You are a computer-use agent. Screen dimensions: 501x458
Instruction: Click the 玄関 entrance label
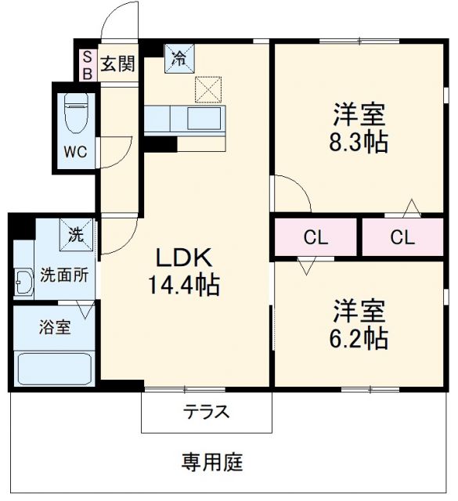[117, 63]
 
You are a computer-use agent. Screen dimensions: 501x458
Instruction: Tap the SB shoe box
[88, 63]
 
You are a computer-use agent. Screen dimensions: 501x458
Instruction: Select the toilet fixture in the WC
[77, 114]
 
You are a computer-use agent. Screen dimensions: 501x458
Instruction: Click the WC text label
[76, 153]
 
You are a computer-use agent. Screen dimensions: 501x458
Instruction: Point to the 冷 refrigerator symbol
[179, 58]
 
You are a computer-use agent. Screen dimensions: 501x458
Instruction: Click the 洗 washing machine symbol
[76, 232]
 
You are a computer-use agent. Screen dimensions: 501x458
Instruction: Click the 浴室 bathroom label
[54, 326]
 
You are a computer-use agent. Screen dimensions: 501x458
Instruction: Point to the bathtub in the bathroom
[54, 366]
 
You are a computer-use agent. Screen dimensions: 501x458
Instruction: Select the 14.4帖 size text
[184, 285]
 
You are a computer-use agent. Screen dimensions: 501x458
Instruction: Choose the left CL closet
[316, 237]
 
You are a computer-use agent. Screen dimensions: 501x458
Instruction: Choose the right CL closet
[402, 237]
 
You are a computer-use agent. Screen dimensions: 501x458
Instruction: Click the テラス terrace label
[207, 412]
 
